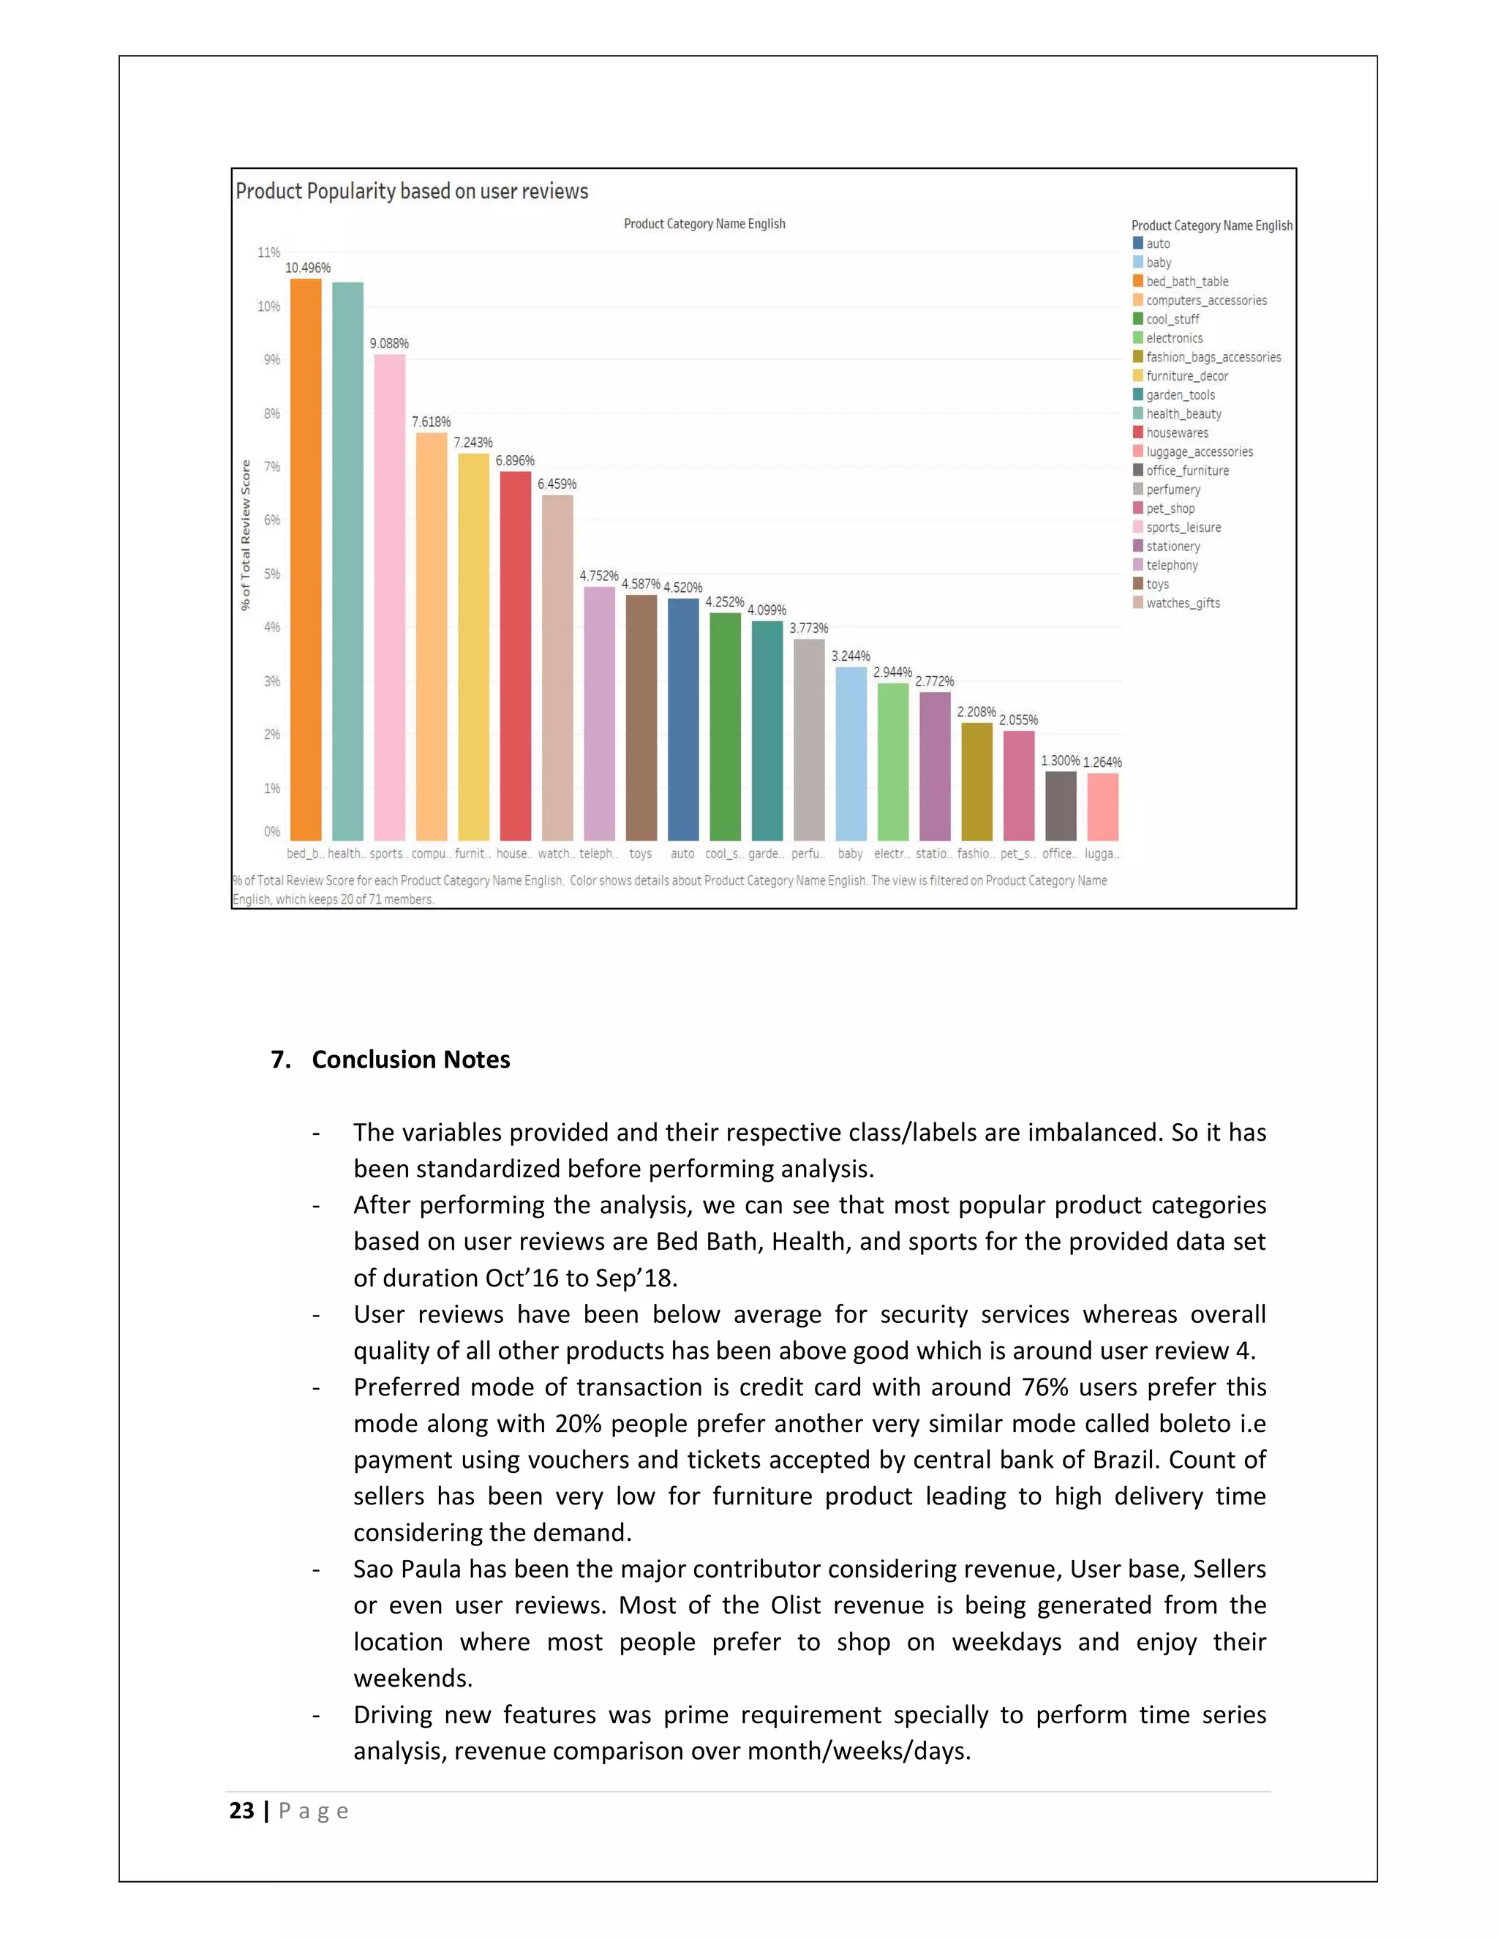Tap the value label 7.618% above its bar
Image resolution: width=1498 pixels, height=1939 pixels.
(x=432, y=421)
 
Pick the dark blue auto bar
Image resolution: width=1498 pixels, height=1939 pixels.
(x=682, y=719)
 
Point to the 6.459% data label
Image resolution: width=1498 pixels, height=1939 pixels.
(x=557, y=484)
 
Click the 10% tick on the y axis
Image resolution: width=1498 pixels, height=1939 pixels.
(x=269, y=307)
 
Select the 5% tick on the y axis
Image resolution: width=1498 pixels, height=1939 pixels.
(x=271, y=574)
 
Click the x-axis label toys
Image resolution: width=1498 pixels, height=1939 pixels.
(x=641, y=853)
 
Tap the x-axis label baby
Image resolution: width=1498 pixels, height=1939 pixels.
(x=850, y=853)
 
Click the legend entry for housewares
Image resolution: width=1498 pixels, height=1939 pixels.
(x=1177, y=432)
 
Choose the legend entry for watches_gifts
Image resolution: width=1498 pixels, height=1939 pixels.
(x=1182, y=603)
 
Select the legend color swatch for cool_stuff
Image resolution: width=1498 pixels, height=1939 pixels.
(x=1137, y=319)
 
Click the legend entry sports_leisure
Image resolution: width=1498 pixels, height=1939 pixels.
(x=1183, y=528)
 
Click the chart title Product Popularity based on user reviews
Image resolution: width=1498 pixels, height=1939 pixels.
(x=412, y=191)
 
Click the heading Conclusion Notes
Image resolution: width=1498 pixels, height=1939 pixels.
(x=411, y=1059)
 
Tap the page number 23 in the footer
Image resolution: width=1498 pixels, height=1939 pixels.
(x=241, y=1810)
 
